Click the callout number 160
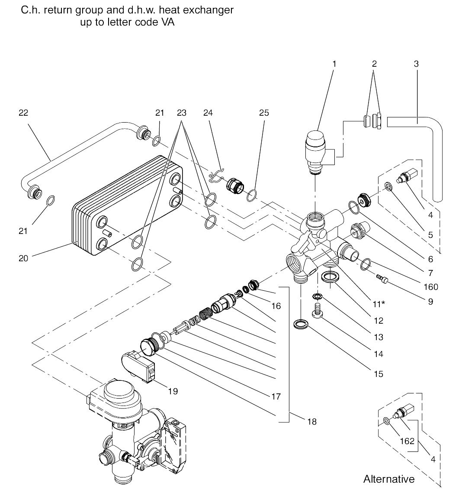431,287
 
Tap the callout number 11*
378,304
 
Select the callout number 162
407,441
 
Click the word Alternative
389,479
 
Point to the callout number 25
264,113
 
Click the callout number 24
208,113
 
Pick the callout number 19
173,391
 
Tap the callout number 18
312,422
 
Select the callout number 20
23,258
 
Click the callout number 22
23,113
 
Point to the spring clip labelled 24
217,176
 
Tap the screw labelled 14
317,310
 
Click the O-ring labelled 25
251,195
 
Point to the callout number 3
416,64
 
